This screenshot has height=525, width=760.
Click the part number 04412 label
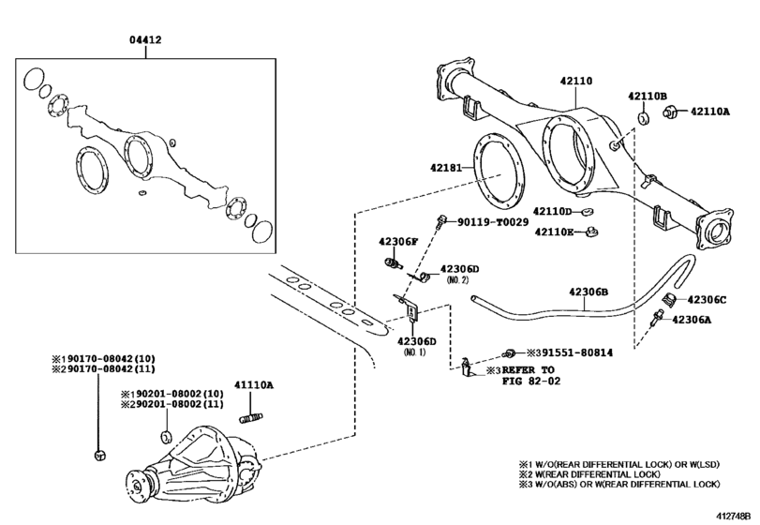[145, 40]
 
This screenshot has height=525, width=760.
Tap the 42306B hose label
[589, 292]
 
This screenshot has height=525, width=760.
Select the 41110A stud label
[253, 385]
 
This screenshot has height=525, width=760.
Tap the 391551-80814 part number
[570, 352]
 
